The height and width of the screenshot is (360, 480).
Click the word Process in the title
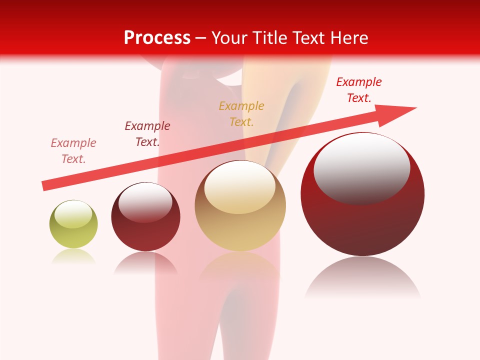[157, 38]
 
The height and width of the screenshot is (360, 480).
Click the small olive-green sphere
[73, 235]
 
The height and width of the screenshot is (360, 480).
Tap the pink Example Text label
[73, 150]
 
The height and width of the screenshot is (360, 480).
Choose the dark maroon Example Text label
[147, 133]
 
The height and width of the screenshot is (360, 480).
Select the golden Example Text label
[241, 113]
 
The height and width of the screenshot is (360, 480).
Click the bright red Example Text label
[359, 89]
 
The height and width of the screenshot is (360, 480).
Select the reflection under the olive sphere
[73, 256]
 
